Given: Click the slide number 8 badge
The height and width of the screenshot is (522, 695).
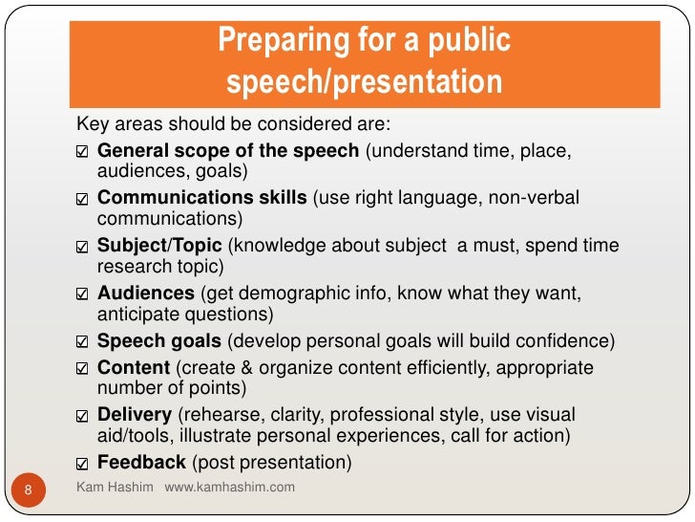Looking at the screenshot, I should pos(28,491).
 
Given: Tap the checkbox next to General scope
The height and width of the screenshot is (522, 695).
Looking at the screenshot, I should pos(82,153).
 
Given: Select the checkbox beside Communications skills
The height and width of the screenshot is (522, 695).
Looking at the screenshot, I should pos(82,200).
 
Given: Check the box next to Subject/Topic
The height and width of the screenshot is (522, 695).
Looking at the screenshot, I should pos(82,247).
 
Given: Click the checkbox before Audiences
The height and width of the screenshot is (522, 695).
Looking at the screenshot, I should pos(82,294).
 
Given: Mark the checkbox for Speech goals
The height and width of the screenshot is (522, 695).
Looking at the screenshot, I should pos(82,341).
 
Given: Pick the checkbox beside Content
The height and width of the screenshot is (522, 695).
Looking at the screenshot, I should pos(82,369).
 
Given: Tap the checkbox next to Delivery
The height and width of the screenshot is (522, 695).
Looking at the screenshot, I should pos(82,416).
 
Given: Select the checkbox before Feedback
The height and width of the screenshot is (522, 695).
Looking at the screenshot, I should pos(82,464).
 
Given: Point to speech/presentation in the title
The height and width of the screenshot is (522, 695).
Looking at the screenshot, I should pos(364,82).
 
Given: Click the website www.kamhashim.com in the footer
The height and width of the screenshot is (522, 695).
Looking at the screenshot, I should pos(230,488).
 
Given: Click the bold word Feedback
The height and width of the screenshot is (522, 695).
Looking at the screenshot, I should pos(141,463).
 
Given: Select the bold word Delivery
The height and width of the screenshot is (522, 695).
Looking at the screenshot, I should pos(135,415).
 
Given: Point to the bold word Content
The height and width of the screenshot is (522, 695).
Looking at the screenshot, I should pos(134,368).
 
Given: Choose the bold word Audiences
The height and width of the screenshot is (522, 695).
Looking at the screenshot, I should pos(144,293).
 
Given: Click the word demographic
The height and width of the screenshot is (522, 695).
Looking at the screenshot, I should pos(275,293).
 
